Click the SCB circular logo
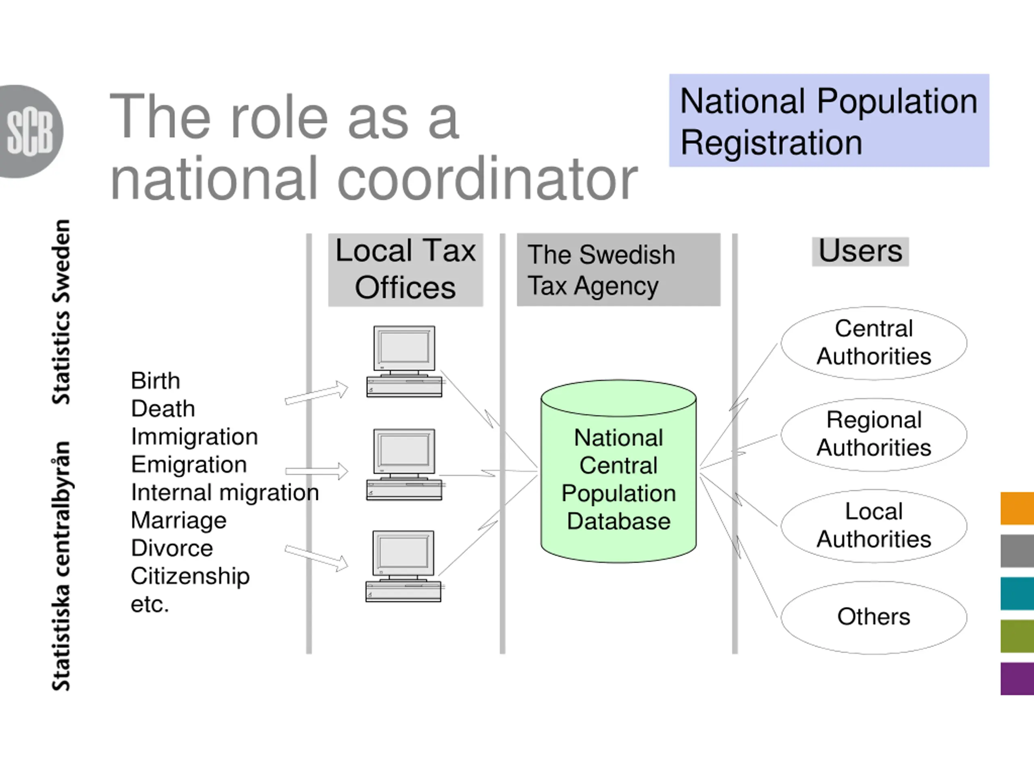coord(31,131)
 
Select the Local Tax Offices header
coord(405,270)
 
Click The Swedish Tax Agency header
coord(618,270)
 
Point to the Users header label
coord(860,252)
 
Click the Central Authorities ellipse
coord(873,343)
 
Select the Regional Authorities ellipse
coord(873,434)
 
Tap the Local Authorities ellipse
coord(873,525)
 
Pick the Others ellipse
coord(873,617)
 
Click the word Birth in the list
coord(155,381)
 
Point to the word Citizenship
coord(190,576)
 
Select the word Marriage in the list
coord(179,520)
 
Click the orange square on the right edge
coord(1017,508)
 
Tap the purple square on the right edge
coord(1017,679)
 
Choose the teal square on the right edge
coord(1017,594)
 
